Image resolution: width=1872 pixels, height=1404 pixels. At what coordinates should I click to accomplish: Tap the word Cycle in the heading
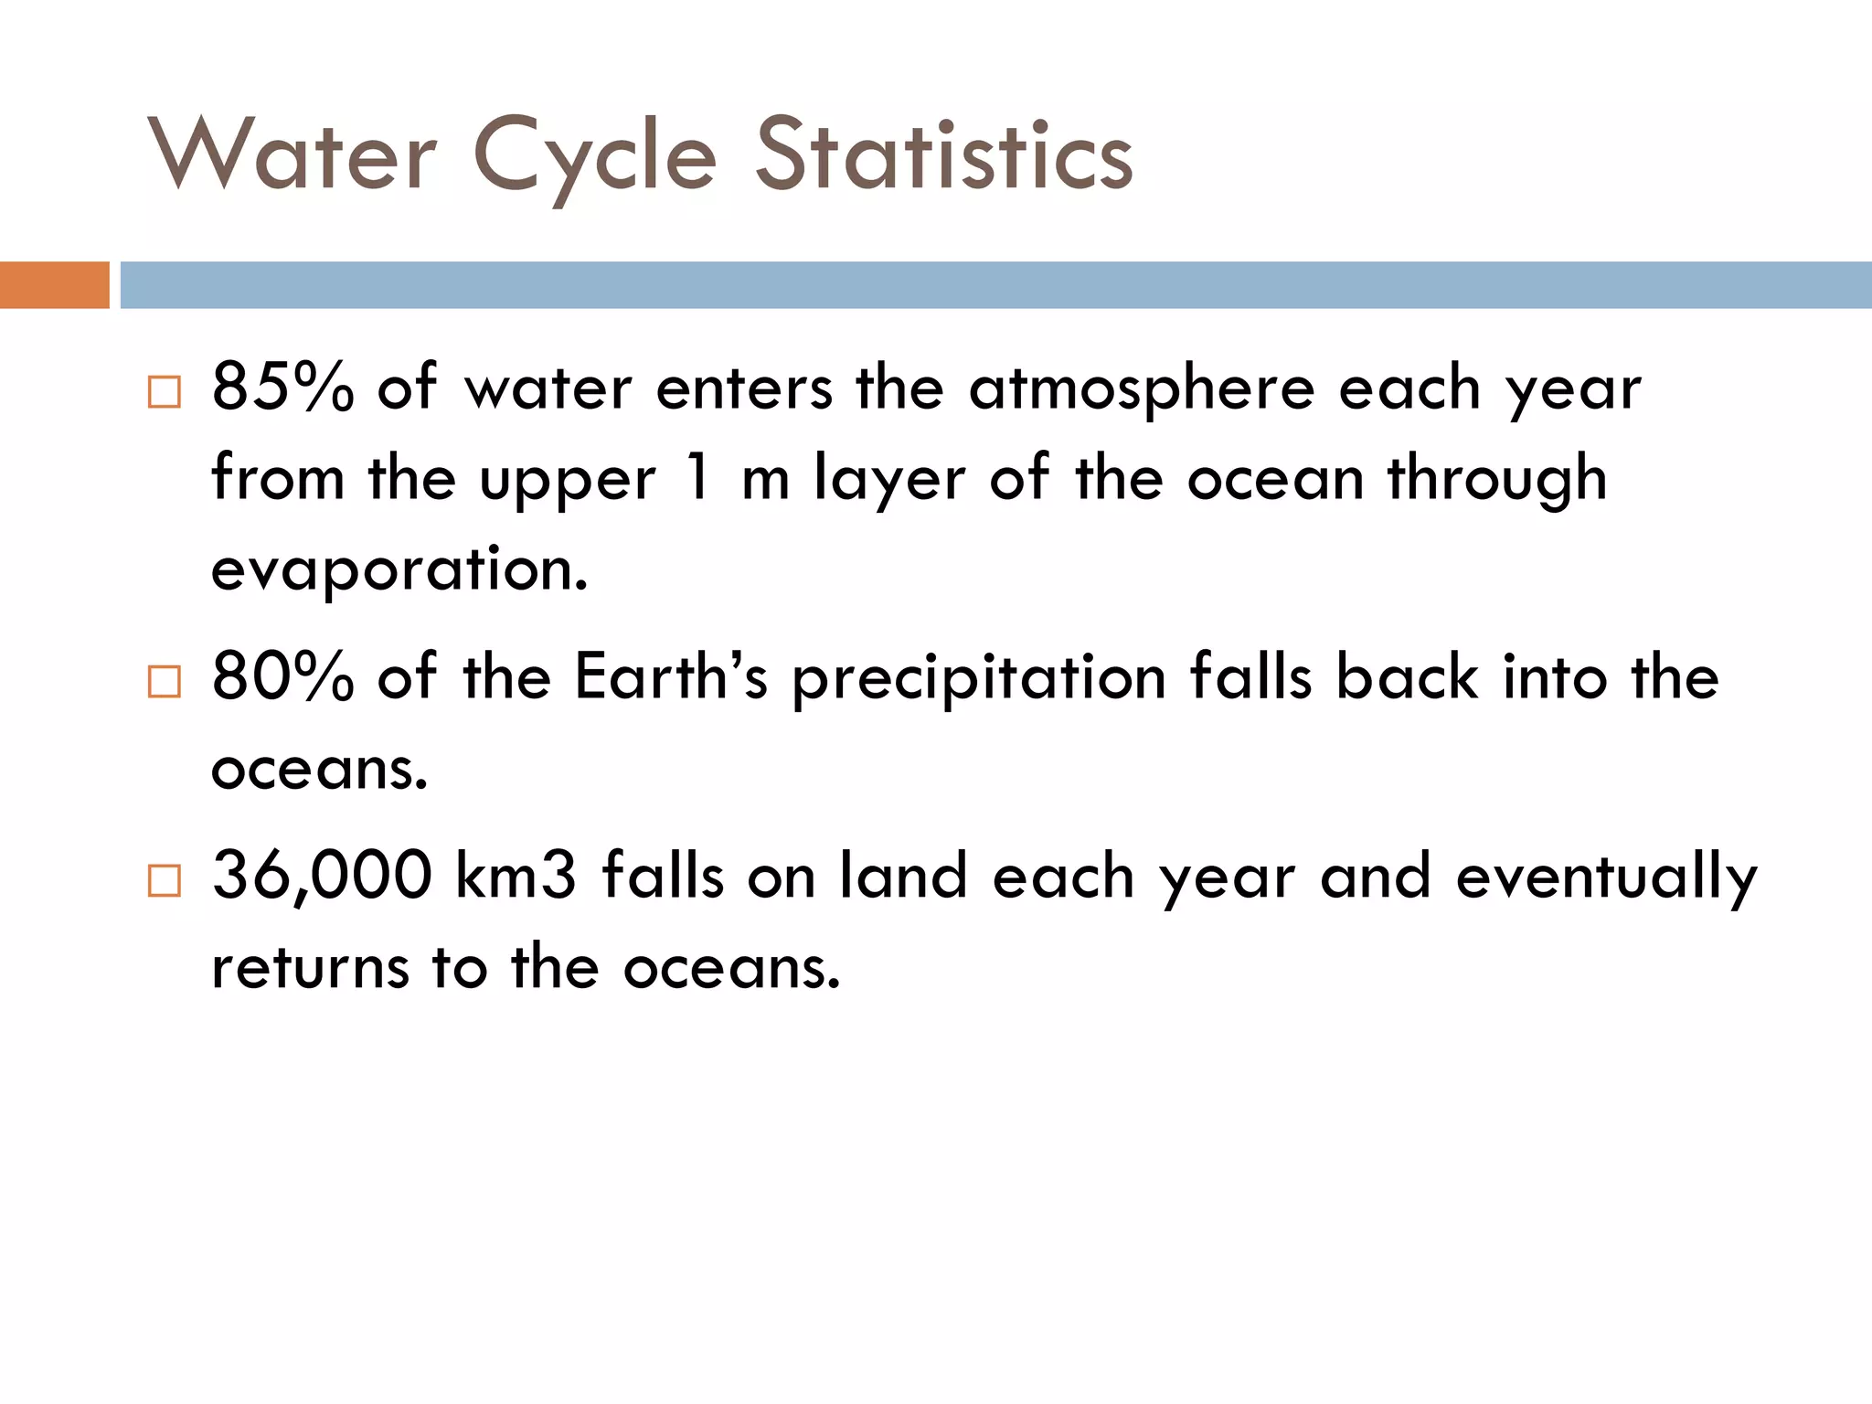595,157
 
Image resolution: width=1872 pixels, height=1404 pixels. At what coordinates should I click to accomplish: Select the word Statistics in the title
944,155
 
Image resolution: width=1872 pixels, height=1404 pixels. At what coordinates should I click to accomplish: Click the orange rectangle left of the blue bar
54,285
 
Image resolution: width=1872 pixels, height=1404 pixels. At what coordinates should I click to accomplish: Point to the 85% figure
282,388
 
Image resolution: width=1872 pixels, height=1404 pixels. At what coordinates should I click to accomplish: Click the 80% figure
282,677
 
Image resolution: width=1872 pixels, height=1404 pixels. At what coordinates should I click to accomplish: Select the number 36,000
322,877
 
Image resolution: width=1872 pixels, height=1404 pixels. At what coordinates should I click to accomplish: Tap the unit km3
516,876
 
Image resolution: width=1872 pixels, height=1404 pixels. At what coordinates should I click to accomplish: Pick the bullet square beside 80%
165,681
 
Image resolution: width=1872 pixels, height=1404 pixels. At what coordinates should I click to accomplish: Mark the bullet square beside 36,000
165,880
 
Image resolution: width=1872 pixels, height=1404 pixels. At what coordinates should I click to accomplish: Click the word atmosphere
1142,389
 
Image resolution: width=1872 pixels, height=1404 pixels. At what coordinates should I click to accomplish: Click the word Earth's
671,677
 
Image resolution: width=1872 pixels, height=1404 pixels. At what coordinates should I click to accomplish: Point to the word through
1496,479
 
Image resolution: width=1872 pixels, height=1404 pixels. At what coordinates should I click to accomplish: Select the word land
903,876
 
